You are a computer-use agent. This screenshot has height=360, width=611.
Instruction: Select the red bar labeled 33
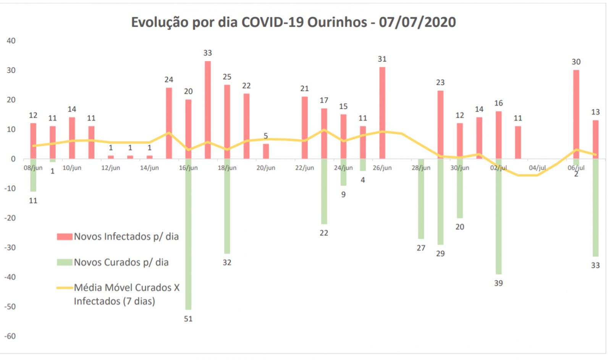tap(207, 110)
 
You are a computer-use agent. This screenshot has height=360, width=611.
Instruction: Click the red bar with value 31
tap(382, 113)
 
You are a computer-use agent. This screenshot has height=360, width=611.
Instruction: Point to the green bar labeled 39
tap(498, 216)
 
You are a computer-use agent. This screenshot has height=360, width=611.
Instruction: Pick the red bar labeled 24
tap(169, 123)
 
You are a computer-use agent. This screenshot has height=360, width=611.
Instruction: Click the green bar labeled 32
tap(227, 206)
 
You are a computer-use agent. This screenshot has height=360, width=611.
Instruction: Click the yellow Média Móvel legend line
tap(65, 287)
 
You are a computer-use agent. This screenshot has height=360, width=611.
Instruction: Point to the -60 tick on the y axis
tap(10, 336)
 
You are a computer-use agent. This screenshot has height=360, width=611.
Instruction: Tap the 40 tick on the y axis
tap(11, 41)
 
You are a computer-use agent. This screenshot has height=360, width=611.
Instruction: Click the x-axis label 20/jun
tap(266, 168)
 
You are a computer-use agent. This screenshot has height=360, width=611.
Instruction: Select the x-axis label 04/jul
tap(537, 168)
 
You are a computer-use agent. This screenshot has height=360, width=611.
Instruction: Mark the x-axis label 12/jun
tap(111, 168)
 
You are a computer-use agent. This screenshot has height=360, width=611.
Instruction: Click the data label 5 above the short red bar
tap(266, 136)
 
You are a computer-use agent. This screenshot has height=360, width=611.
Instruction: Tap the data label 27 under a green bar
tap(421, 248)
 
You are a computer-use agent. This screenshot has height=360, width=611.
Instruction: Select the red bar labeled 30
tap(576, 114)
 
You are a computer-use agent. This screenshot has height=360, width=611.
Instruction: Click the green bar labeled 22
tap(324, 191)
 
